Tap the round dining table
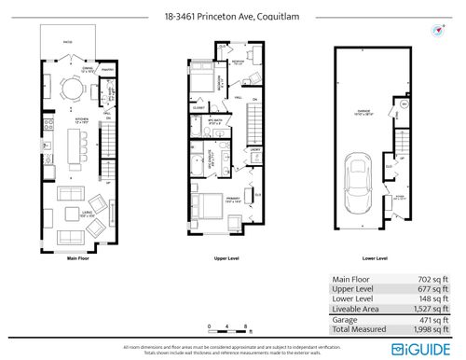pyautogui.click(x=72, y=90)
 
